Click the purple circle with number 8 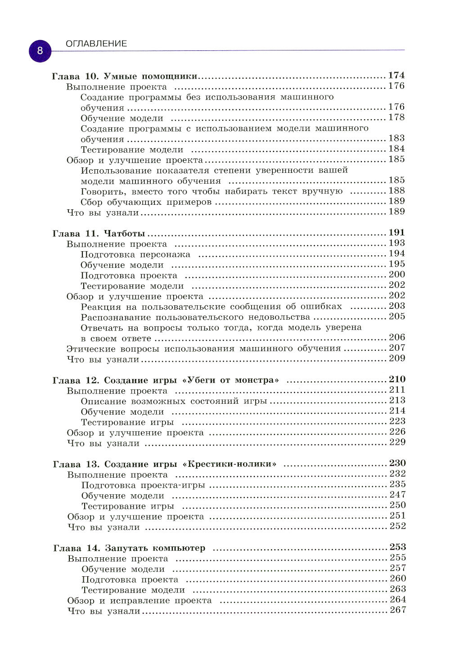click(40, 50)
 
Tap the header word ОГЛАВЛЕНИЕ click(96, 44)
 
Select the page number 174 click(396, 75)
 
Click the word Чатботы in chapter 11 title click(125, 233)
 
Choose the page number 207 click(397, 348)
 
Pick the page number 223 click(397, 421)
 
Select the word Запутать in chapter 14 click(126, 548)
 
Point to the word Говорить click(103, 192)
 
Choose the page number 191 click(396, 232)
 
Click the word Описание click(103, 401)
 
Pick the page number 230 click(397, 463)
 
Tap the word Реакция click(101, 307)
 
